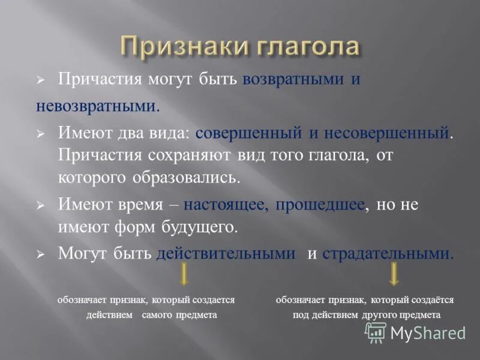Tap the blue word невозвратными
point(96,107)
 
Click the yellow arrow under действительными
point(184,275)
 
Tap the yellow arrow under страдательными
point(394,275)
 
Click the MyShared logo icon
point(376,332)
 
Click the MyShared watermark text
point(428,332)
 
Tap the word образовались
point(193,178)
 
